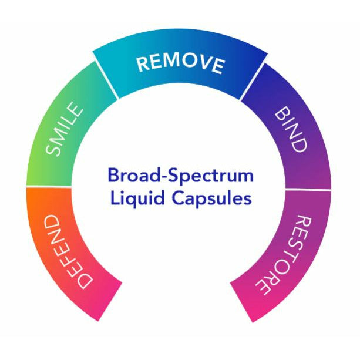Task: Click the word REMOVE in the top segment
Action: pos(180,63)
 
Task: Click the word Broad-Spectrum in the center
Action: pos(180,175)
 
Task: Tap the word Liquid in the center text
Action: pos(130,198)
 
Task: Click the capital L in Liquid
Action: pos(115,198)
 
